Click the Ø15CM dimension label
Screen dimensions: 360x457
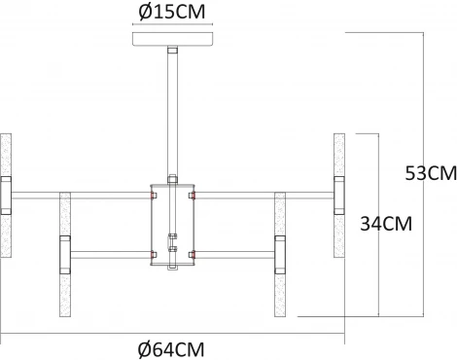[x=171, y=15]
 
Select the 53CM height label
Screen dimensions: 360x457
[x=430, y=175]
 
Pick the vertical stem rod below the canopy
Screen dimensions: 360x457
[x=172, y=112]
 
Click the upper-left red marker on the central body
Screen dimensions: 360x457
[x=151, y=194]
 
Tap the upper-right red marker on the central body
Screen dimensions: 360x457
[x=193, y=194]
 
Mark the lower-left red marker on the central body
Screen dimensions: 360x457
[x=151, y=256]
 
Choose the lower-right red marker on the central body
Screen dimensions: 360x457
[x=193, y=256]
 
